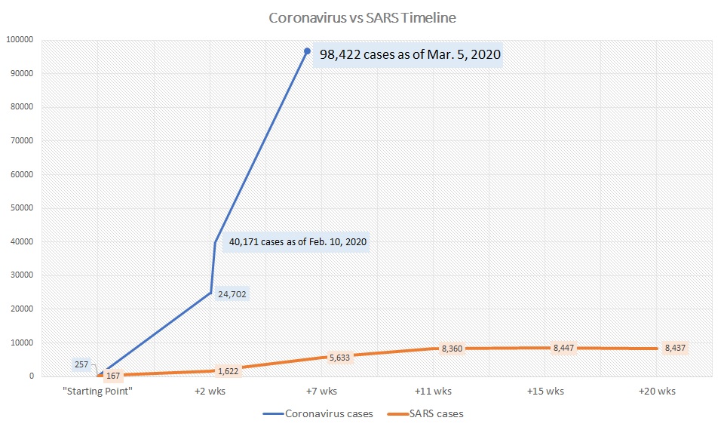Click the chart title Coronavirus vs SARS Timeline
[363, 17]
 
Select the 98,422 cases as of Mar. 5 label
[410, 54]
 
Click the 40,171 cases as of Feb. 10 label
[298, 242]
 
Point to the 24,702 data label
[232, 294]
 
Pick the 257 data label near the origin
[82, 364]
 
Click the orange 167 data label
[113, 375]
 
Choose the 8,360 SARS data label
[452, 349]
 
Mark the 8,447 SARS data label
[564, 348]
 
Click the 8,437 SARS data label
[675, 348]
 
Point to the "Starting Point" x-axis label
[99, 392]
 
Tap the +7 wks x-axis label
[322, 392]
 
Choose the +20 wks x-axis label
[657, 392]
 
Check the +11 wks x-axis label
[434, 392]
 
